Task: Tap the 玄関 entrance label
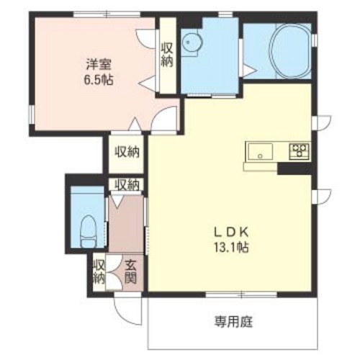(131, 272)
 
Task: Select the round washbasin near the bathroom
(192, 42)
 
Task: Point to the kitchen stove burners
(299, 150)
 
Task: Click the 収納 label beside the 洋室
(167, 55)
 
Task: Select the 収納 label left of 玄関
(99, 272)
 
